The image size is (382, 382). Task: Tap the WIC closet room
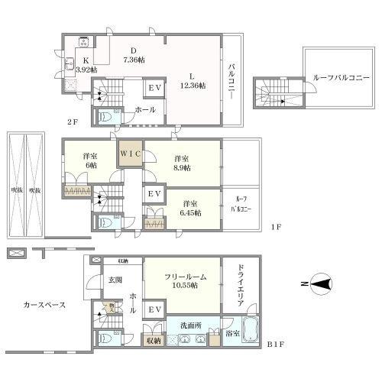(x=129, y=153)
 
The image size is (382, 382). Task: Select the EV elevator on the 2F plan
(x=154, y=89)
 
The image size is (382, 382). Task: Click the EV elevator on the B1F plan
(x=154, y=309)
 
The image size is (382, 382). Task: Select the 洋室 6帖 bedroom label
(x=89, y=161)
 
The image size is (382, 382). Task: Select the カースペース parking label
(x=44, y=305)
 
